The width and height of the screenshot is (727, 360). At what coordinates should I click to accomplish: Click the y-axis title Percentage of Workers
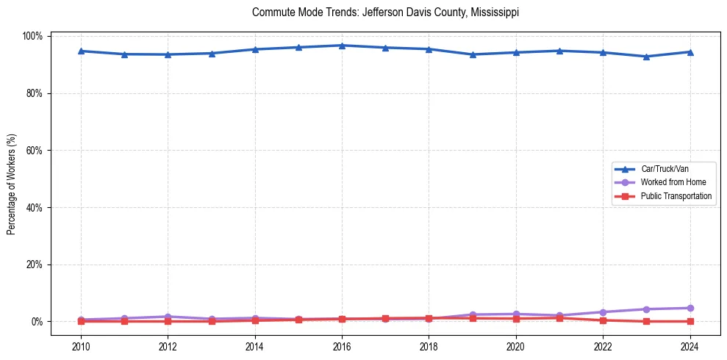point(12,179)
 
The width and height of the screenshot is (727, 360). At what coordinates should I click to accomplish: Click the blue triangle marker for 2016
point(342,46)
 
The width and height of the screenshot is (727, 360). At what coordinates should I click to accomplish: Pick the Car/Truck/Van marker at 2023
point(646,57)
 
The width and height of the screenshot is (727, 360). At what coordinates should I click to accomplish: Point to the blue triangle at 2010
point(81,51)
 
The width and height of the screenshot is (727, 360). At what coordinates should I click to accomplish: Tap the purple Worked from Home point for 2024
point(690,308)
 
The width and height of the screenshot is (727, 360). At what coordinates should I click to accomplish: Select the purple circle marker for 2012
point(168,317)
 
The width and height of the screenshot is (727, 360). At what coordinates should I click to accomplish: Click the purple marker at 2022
point(603,312)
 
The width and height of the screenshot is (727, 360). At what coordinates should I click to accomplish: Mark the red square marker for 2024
point(690,321)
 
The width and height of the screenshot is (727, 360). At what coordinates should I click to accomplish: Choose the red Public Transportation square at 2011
point(124,321)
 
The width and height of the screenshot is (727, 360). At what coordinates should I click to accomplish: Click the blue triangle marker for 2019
point(472,54)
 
